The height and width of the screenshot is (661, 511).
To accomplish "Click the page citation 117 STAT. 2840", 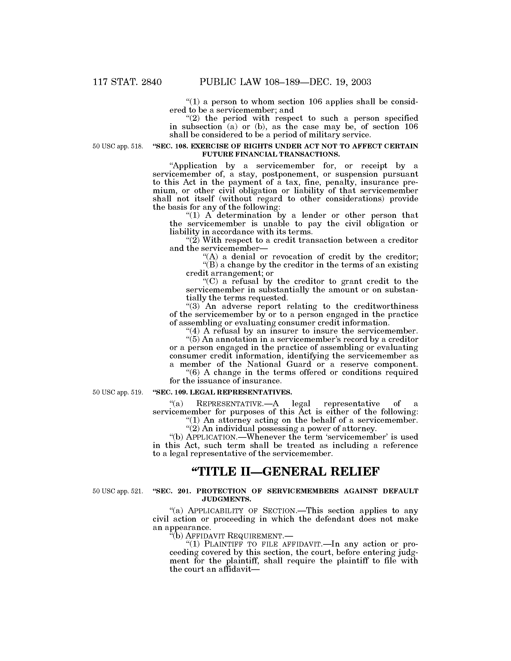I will point(127,82).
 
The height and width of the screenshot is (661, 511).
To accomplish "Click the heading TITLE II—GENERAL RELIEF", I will point(285,472).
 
